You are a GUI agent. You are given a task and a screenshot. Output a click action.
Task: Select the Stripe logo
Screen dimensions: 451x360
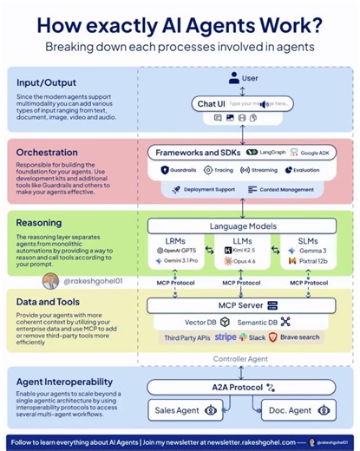point(226,337)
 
